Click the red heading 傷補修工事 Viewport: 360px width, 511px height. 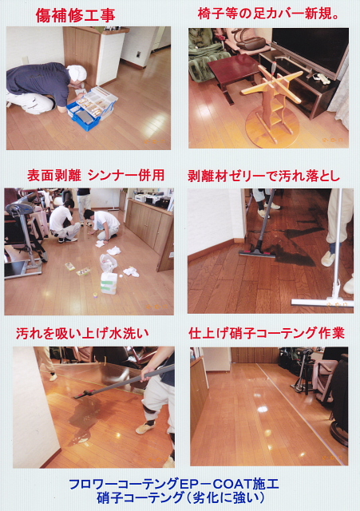coord(75,15)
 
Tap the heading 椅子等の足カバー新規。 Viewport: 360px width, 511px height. coord(269,14)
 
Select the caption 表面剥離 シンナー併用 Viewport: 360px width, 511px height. coord(96,176)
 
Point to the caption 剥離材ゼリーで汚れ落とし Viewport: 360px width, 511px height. coord(264,176)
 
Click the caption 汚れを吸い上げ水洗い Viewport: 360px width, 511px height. coord(82,333)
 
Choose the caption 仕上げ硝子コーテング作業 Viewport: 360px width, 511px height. coord(267,333)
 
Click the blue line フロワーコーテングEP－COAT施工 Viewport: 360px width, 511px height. coord(174,484)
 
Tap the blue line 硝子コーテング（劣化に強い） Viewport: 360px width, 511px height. coord(180,497)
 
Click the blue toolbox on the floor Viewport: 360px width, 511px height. coord(92,109)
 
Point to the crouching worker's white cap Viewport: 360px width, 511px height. coord(77,73)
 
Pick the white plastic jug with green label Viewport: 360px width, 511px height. coord(109,283)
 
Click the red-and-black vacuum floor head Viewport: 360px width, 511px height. coord(257,252)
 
